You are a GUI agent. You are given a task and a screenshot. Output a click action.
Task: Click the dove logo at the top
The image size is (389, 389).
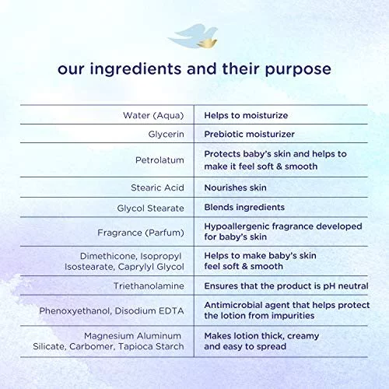193,36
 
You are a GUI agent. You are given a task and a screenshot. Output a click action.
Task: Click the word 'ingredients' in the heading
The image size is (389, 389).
135,69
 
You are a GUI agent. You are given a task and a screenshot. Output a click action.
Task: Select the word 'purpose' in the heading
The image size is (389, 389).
298,70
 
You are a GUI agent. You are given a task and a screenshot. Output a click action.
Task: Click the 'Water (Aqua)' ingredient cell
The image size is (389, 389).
153,115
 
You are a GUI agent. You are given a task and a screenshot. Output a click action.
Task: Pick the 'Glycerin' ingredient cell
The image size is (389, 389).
166,134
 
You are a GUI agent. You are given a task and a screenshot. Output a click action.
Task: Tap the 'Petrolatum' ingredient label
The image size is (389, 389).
159,160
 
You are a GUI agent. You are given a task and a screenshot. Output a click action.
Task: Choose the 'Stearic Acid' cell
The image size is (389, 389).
157,187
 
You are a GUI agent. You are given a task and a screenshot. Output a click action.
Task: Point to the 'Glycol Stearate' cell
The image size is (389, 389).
150,208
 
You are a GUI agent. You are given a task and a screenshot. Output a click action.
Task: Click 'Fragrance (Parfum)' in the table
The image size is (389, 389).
141,233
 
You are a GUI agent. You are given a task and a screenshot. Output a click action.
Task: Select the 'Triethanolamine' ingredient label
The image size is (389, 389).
149,286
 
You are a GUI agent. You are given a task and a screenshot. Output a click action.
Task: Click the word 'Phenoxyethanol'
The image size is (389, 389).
75,311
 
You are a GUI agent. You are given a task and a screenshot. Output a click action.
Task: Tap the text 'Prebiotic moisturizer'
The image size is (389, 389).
250,134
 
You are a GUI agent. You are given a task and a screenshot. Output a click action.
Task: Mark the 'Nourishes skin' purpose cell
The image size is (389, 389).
236,187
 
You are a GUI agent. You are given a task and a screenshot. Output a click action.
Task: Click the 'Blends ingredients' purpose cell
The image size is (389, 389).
244,208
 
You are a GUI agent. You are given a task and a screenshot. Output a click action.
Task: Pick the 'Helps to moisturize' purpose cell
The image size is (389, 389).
246,115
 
